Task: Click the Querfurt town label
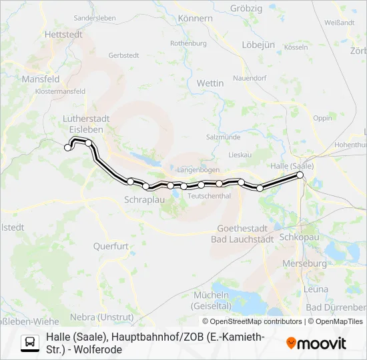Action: [111, 246]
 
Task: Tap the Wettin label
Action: [210, 83]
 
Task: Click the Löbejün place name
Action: [259, 45]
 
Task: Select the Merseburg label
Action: [304, 263]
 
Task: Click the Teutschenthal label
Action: [210, 196]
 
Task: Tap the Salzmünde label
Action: [223, 137]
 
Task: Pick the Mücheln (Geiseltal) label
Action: [211, 299]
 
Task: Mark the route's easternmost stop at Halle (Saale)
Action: [300, 175]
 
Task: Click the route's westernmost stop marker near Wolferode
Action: [67, 147]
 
